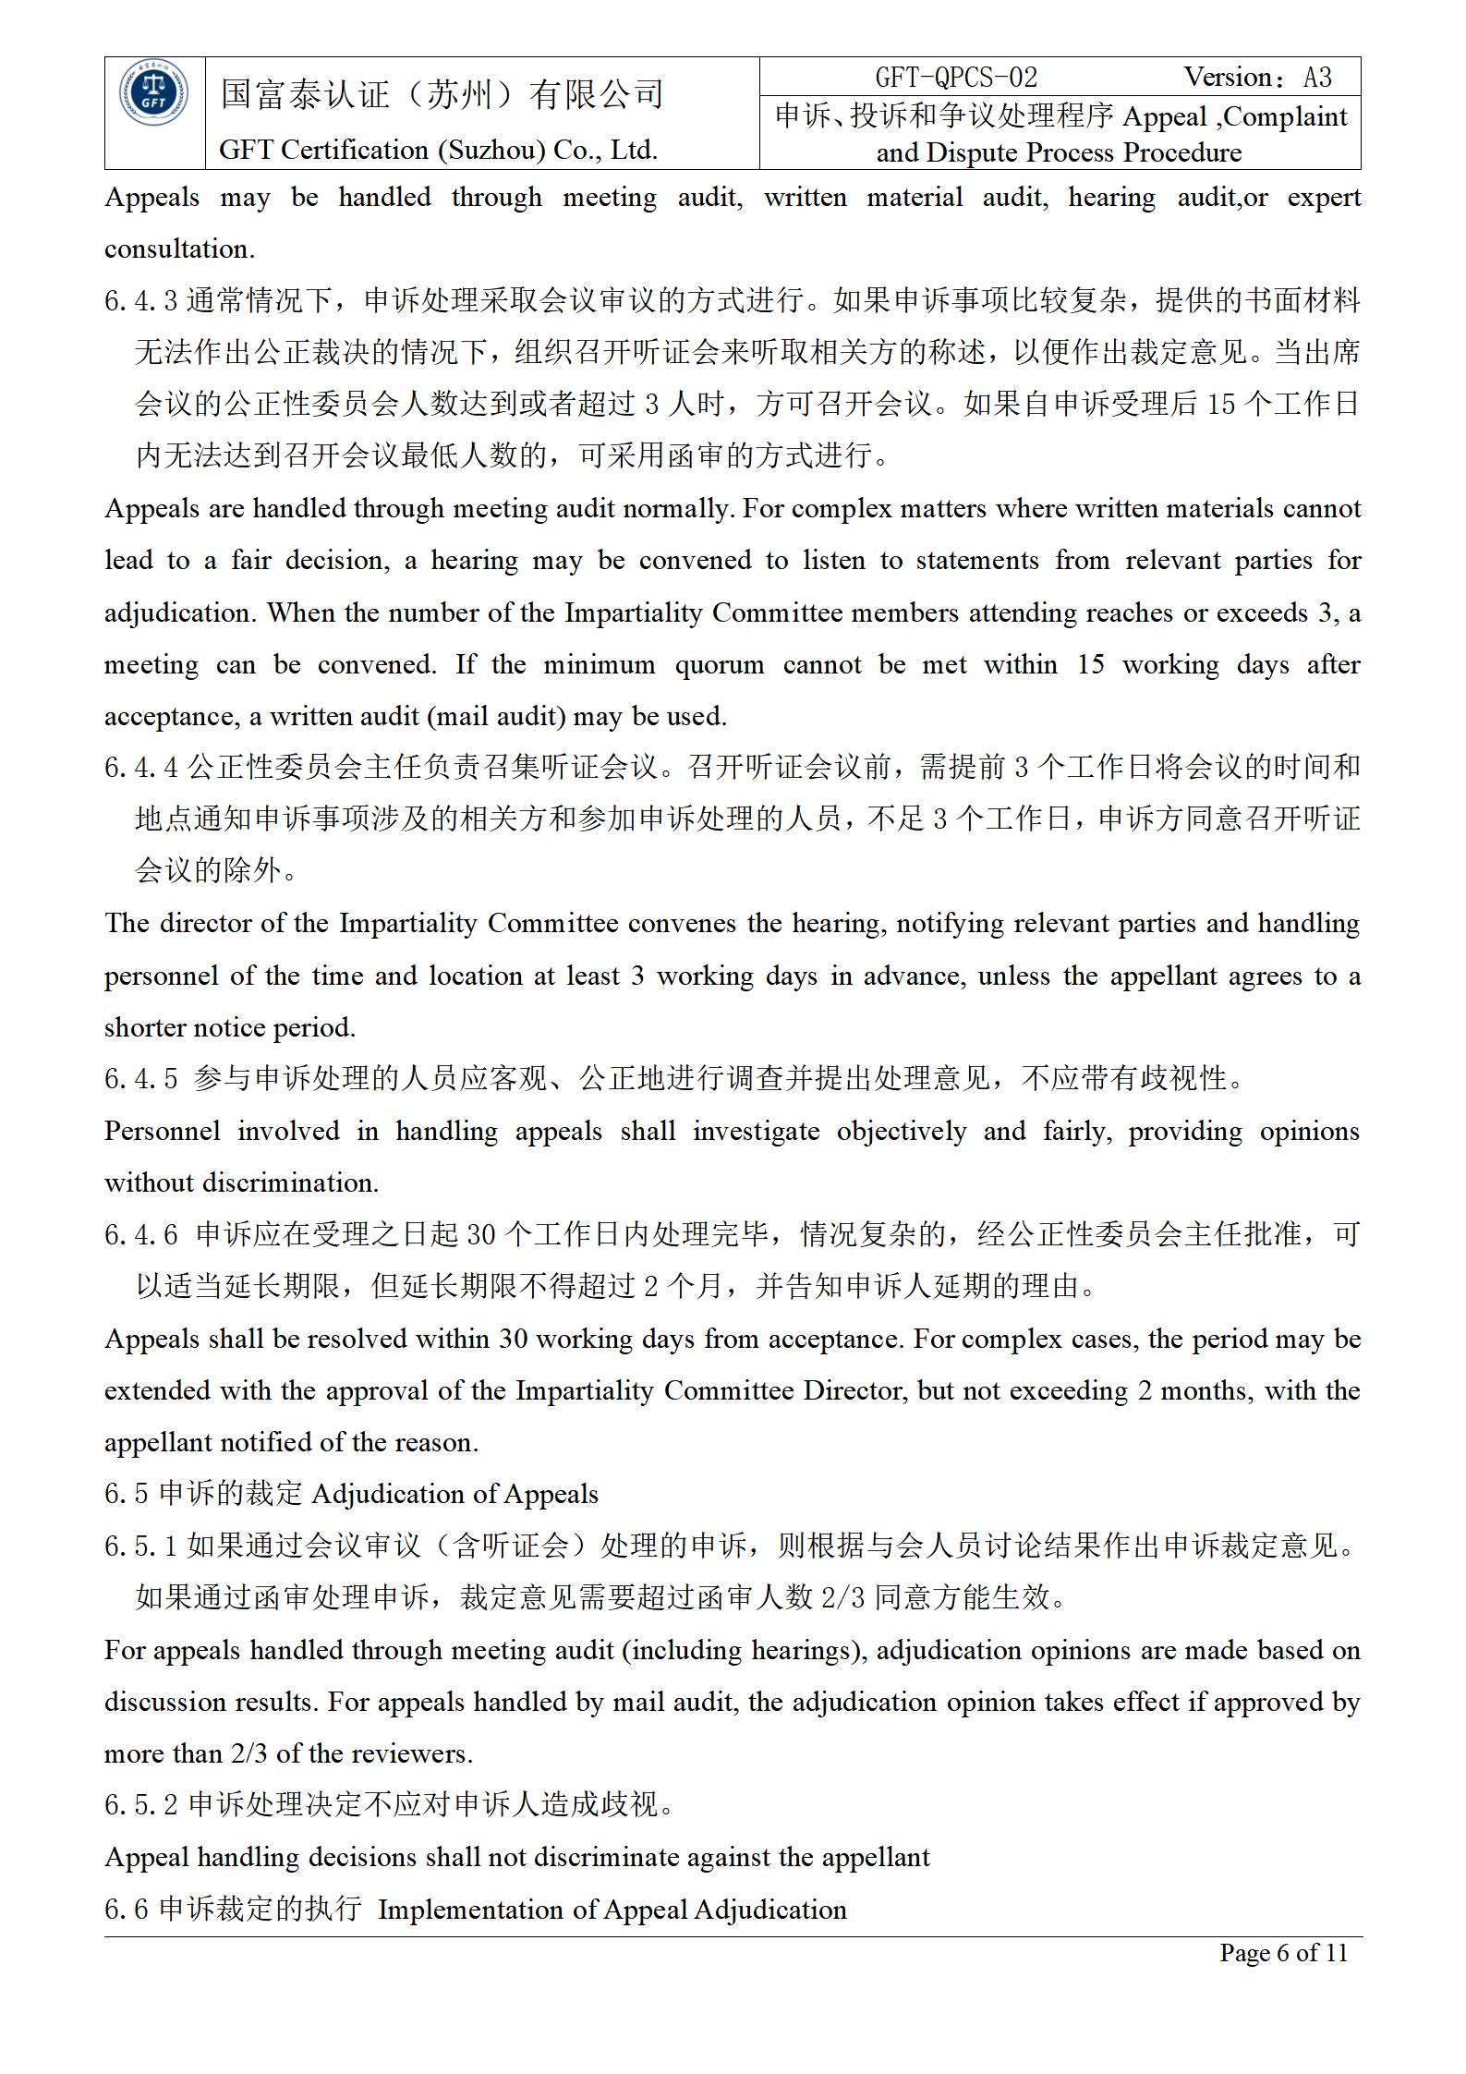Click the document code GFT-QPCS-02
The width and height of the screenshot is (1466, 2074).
click(956, 78)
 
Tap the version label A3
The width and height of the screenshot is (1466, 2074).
click(1317, 78)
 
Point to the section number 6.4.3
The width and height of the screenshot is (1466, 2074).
click(140, 300)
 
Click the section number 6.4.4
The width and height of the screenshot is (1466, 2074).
click(140, 767)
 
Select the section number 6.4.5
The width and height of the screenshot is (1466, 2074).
click(140, 1078)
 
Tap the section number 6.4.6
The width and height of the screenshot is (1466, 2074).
click(140, 1234)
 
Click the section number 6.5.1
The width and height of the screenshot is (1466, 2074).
click(140, 1546)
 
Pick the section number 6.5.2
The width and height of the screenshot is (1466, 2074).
click(140, 1804)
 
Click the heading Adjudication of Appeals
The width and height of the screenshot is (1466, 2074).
click(455, 1494)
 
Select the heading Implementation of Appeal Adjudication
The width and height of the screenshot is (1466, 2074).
click(612, 1909)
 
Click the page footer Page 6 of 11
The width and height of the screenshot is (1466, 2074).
click(1283, 1952)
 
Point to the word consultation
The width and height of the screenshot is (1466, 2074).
click(179, 249)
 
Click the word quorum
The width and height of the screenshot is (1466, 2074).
click(719, 664)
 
